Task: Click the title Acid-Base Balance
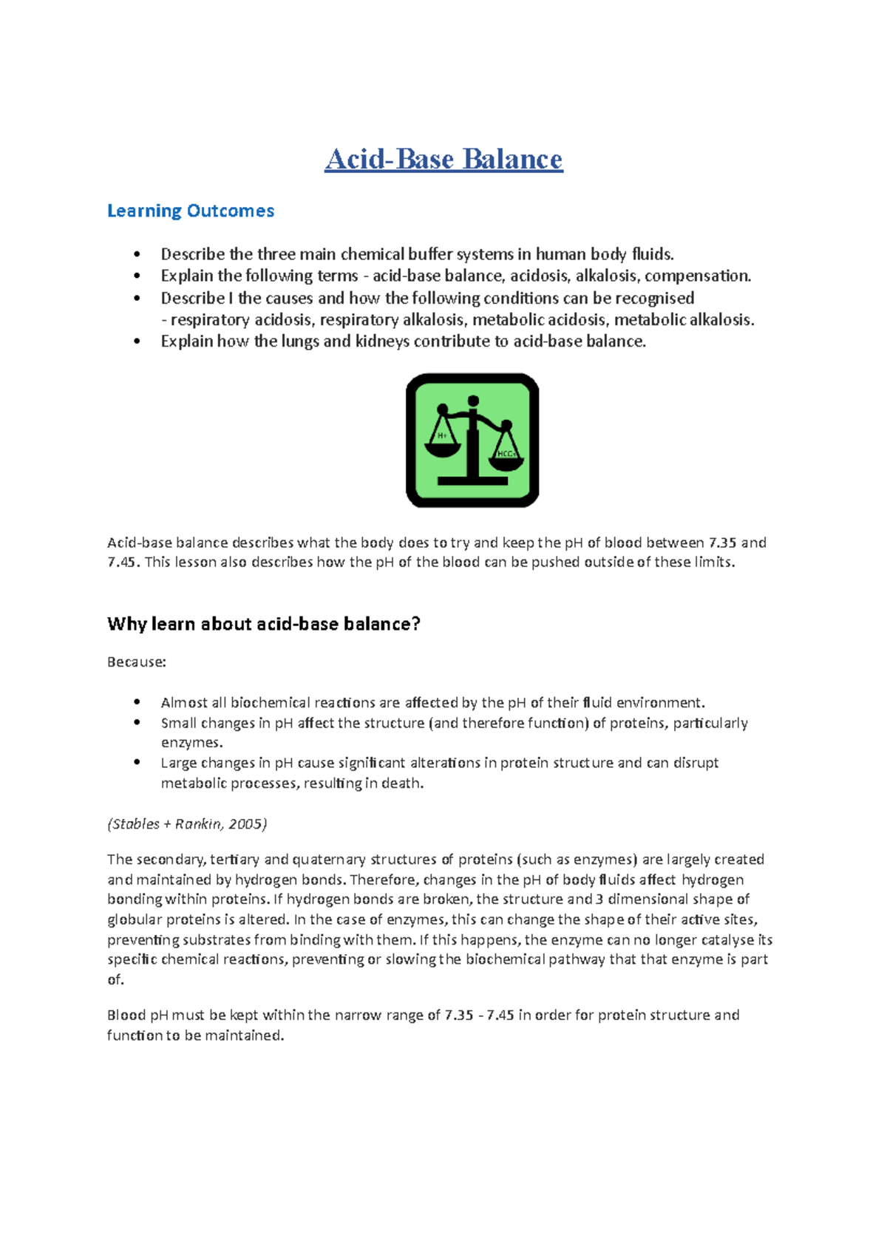click(x=443, y=159)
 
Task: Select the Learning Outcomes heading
click(x=191, y=211)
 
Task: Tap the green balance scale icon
click(x=472, y=441)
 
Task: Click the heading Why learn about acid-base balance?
click(x=264, y=624)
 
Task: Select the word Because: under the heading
click(x=137, y=662)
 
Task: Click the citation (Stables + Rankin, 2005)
click(x=187, y=824)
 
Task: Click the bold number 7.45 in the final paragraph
click(x=500, y=1016)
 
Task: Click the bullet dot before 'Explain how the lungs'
click(x=137, y=341)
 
